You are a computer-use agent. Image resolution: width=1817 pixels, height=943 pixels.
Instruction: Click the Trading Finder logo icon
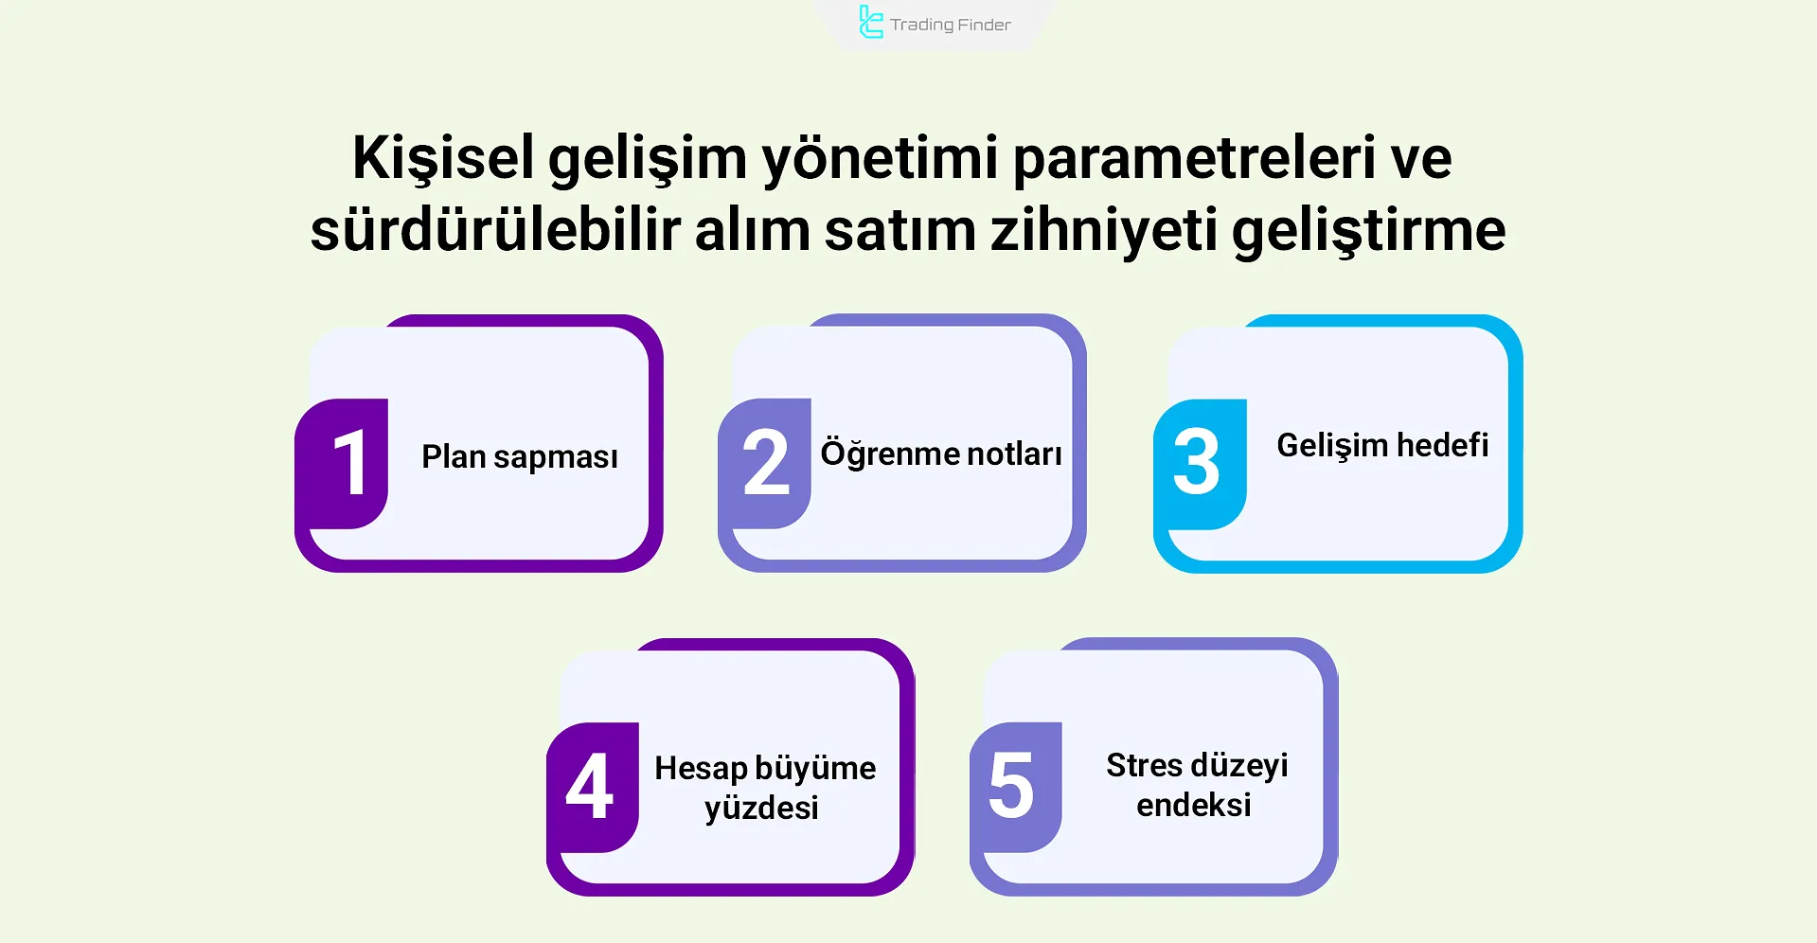870,23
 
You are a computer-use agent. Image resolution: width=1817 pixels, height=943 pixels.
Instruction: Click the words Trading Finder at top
950,26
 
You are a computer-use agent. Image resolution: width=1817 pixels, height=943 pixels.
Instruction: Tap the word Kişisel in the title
443,158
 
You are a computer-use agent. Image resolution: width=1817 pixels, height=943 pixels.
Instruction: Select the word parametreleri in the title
1193,158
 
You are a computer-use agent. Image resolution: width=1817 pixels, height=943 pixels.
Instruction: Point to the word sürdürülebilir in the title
495,230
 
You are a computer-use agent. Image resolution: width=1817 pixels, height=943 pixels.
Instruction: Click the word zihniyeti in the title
1103,230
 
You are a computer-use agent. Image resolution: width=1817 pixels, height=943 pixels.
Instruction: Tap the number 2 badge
765,463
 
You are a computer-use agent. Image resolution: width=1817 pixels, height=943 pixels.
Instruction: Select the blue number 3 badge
1197,463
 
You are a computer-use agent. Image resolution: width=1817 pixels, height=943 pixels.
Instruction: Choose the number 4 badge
590,787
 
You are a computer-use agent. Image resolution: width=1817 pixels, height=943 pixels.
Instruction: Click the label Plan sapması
519,457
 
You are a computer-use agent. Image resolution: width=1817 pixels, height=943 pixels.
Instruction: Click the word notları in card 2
1014,454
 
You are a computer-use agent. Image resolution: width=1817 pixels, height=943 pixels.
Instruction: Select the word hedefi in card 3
1442,445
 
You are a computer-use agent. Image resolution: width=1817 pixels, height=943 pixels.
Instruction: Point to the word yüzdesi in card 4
761,809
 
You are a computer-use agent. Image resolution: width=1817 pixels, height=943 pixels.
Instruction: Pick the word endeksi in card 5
1193,806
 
